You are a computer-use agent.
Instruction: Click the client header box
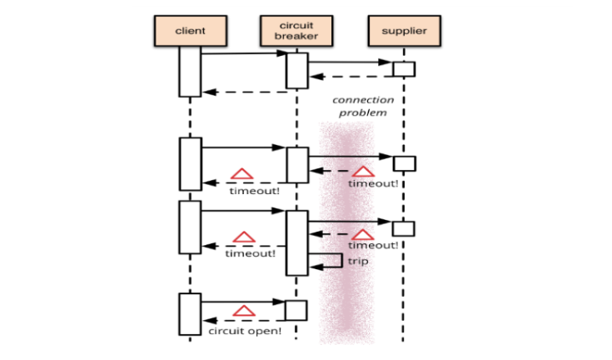[190, 31]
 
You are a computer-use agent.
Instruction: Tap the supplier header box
[403, 31]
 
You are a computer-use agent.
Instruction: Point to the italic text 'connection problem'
[363, 106]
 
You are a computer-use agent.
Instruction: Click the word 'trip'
[358, 262]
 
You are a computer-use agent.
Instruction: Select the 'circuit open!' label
[245, 330]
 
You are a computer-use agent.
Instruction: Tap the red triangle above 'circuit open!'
[242, 311]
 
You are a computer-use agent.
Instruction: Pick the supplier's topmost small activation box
[404, 68]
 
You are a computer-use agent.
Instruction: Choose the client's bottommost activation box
[190, 313]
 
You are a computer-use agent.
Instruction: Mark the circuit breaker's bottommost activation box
[297, 311]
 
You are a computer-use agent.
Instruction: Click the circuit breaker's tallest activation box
[297, 242]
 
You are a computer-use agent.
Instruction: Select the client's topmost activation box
[190, 71]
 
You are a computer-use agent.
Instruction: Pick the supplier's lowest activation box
[404, 228]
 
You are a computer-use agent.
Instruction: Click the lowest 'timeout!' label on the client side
[250, 253]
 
